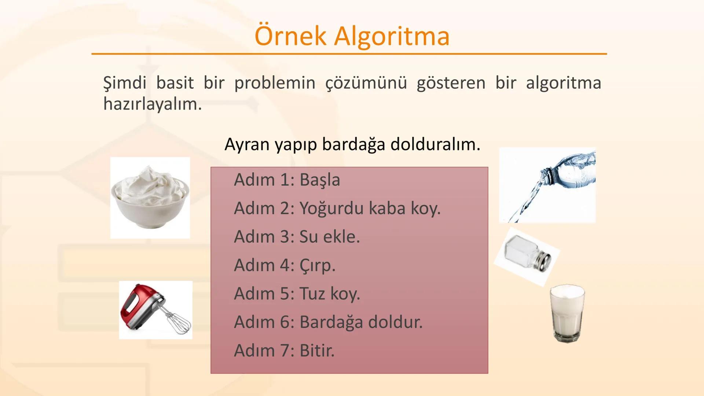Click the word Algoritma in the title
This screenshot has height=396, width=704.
(391, 36)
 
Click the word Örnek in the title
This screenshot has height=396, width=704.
(290, 36)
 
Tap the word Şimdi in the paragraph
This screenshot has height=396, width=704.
(125, 83)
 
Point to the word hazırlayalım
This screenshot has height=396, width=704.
(152, 104)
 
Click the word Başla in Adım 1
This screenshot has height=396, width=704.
(320, 180)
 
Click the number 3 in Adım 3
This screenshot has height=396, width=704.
(285, 237)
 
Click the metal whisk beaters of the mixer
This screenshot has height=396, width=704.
(177, 323)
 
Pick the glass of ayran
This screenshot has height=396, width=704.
(567, 313)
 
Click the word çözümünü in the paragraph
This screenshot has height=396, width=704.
(366, 83)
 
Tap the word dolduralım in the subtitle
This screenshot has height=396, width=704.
(435, 144)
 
